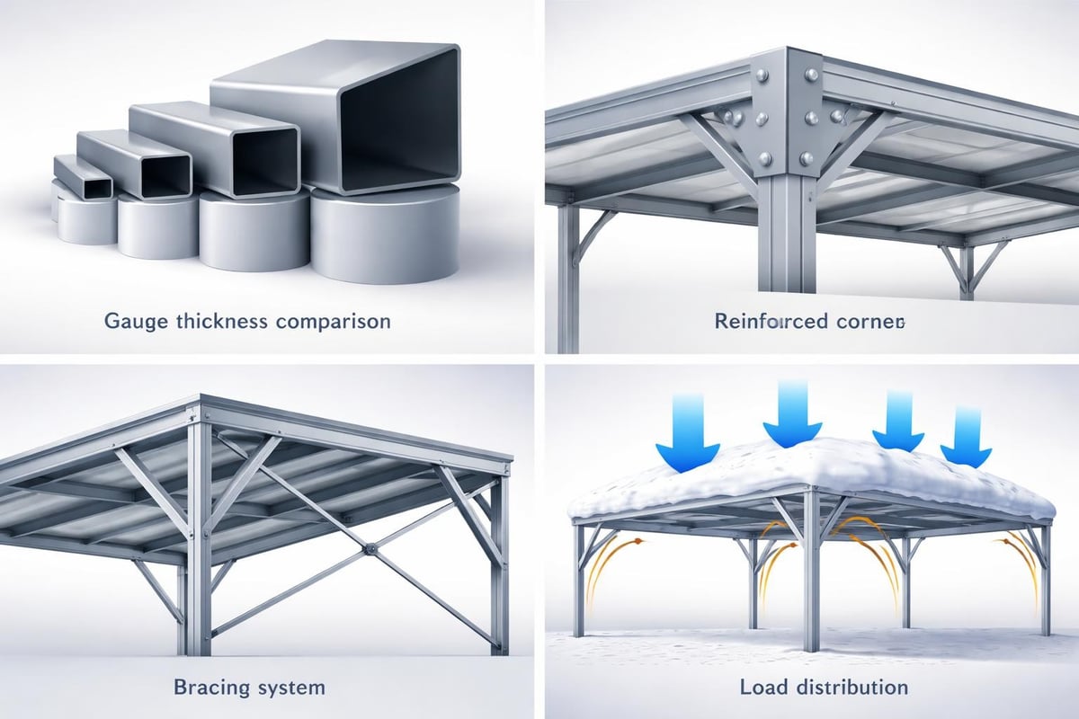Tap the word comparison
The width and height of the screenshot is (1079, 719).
pos(334,322)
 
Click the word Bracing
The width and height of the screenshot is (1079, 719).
pos(212,688)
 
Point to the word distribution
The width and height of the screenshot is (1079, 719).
pos(852,688)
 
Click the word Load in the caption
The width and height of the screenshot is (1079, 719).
pos(764,688)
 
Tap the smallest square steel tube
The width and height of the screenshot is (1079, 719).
pos(83,177)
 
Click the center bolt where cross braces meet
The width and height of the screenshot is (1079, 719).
pos(370,548)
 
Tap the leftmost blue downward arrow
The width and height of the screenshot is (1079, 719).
pos(688,436)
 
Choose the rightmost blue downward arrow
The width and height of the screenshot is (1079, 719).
pos(966,436)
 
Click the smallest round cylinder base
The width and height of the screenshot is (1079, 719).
pos(85,219)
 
